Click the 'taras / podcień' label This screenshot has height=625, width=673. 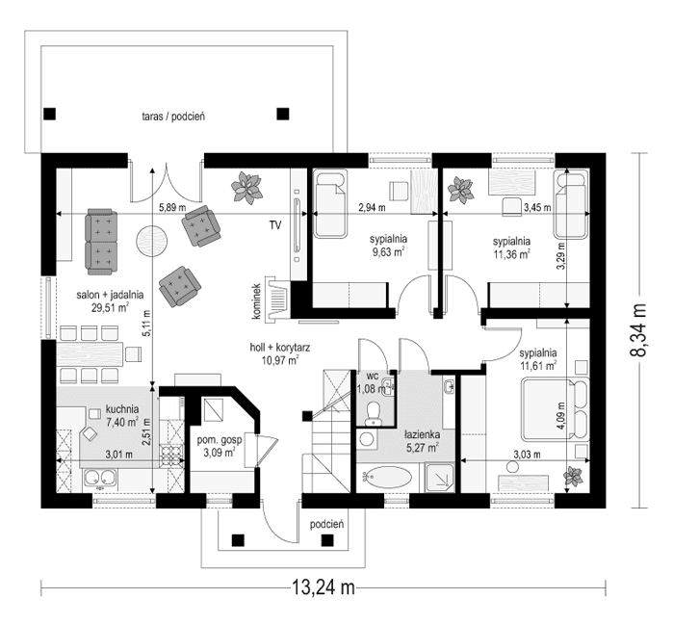(x=173, y=117)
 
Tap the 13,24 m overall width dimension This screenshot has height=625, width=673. (x=323, y=587)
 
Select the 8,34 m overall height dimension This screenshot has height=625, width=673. (x=637, y=330)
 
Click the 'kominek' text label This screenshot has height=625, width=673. (x=257, y=298)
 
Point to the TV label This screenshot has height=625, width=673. (x=274, y=226)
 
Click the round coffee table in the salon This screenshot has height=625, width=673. (x=151, y=240)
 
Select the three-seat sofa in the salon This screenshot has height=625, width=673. (x=102, y=241)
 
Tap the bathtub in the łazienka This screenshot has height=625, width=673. (x=387, y=477)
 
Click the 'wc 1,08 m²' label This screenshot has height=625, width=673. (x=371, y=383)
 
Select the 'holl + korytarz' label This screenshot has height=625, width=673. (x=278, y=352)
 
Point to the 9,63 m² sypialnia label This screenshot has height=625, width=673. (x=389, y=246)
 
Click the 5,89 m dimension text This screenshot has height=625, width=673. (x=173, y=207)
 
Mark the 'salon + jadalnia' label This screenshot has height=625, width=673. (x=111, y=302)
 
